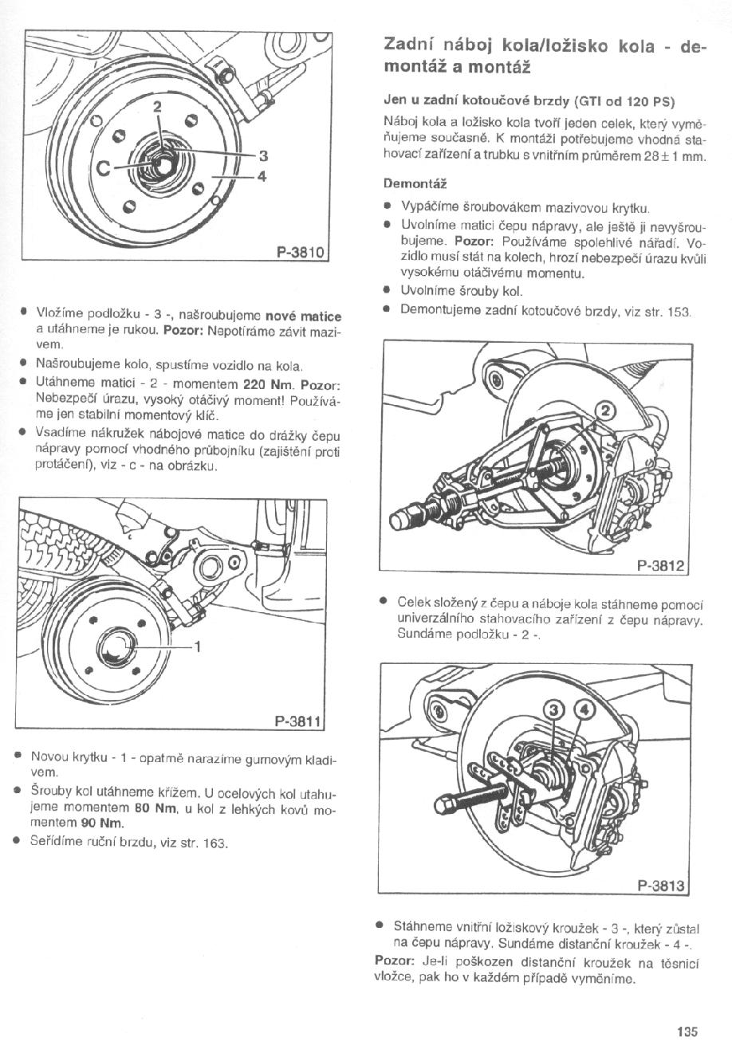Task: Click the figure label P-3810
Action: tap(301, 251)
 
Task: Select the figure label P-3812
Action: tap(661, 565)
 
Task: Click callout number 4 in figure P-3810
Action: tap(260, 178)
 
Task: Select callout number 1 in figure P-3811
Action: tap(199, 647)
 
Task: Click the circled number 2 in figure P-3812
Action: tap(608, 411)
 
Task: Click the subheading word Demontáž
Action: tap(407, 183)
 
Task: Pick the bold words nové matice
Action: tap(302, 316)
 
